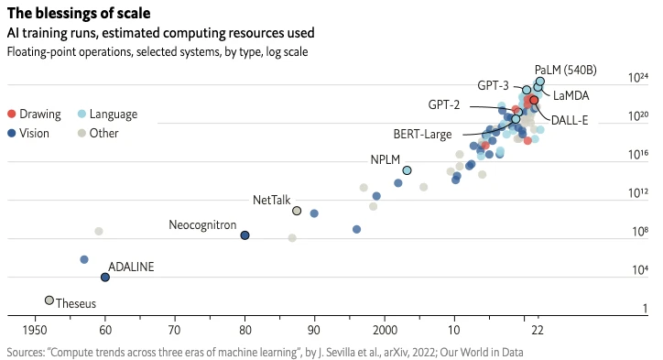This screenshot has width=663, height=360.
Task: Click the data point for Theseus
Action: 49,300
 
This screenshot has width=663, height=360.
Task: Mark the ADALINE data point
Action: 104,277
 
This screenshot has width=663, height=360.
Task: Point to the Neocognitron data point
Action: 245,235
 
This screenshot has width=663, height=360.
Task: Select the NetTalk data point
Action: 297,211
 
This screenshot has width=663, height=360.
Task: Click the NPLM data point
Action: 407,170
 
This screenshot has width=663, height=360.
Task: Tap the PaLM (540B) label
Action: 566,70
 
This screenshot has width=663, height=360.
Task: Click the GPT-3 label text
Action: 493,85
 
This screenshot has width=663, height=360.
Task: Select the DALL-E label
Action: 570,120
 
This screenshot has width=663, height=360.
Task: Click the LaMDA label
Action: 571,95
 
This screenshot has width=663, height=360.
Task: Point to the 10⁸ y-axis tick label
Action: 638,232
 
